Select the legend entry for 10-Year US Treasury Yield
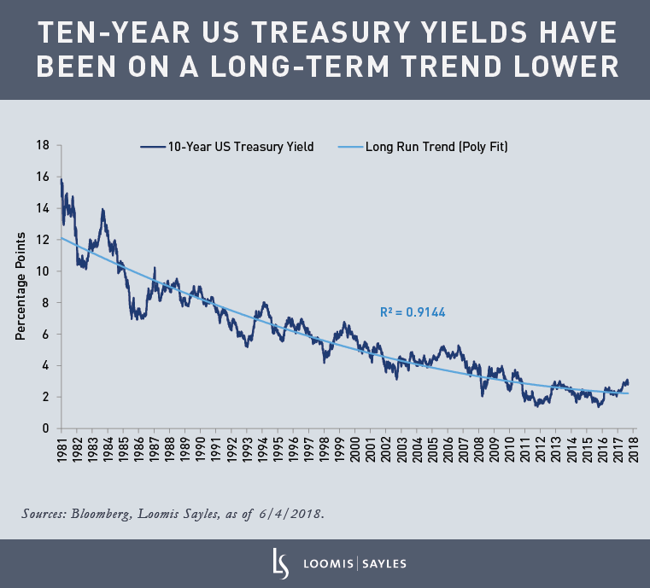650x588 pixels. [240, 147]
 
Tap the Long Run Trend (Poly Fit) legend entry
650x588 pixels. [436, 147]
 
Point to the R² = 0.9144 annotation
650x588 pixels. [413, 313]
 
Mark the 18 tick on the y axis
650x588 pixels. [43, 145]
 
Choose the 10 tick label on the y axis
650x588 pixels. [43, 271]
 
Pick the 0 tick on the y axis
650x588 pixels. [46, 428]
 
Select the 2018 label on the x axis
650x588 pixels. [634, 452]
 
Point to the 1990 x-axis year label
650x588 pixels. [201, 452]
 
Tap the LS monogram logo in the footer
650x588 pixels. [277, 563]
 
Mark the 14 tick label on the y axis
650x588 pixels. [43, 208]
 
